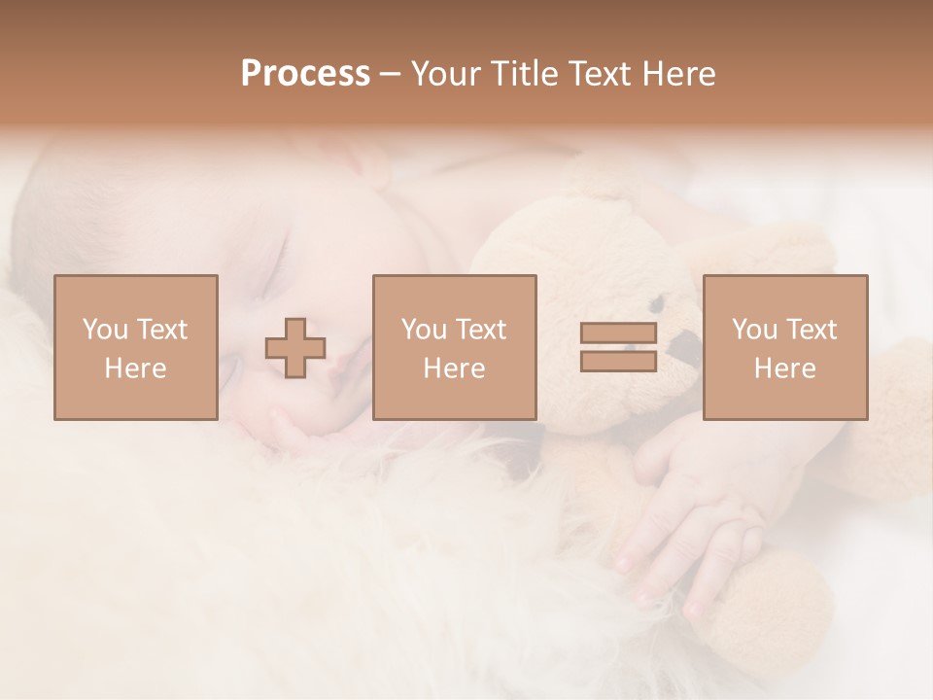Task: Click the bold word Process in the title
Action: point(305,74)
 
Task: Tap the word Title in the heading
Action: point(526,74)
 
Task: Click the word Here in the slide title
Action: point(679,74)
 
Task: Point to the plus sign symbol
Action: point(295,348)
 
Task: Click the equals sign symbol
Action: point(618,347)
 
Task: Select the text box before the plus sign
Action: point(136,347)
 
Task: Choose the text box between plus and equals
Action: point(455,347)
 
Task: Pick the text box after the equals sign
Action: point(785,347)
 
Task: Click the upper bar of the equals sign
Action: point(618,333)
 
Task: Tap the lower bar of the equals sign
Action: point(618,362)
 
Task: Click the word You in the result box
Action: point(754,330)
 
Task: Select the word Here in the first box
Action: point(136,368)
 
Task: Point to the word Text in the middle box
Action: point(480,330)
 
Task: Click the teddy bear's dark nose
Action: point(685,345)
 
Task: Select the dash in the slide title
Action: point(390,74)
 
